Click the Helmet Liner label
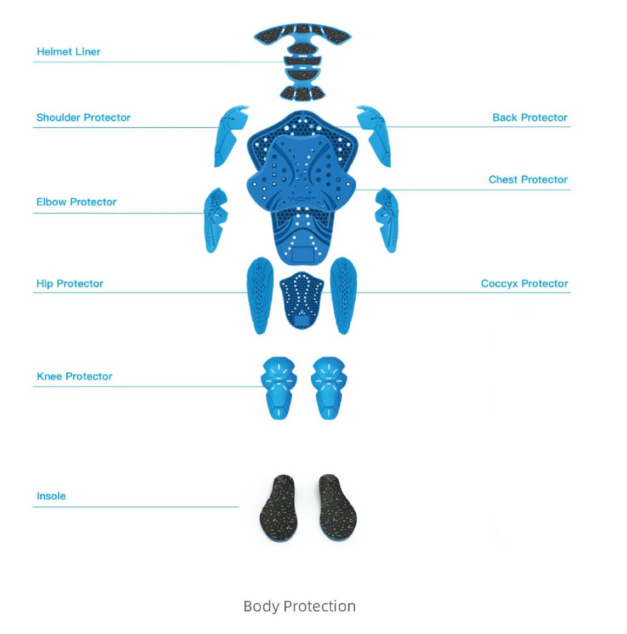pos(69,52)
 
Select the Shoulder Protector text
pos(83,117)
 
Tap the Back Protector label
pos(529,117)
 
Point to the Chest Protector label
pos(528,179)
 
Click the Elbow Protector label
pos(76,202)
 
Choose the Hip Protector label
pos(70,283)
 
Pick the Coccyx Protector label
pos(525,283)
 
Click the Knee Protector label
pos(75,377)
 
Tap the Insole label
pos(52,496)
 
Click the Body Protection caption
pos(300,606)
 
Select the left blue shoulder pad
pos(230,136)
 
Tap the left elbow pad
pos(215,220)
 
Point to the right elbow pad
pos(387,220)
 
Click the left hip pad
pos(260,295)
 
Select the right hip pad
pos(344,295)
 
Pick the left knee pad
pos(279,388)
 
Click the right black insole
pos(338,508)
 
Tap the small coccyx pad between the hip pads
pos(301,300)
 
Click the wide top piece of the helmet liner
pos(303,36)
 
